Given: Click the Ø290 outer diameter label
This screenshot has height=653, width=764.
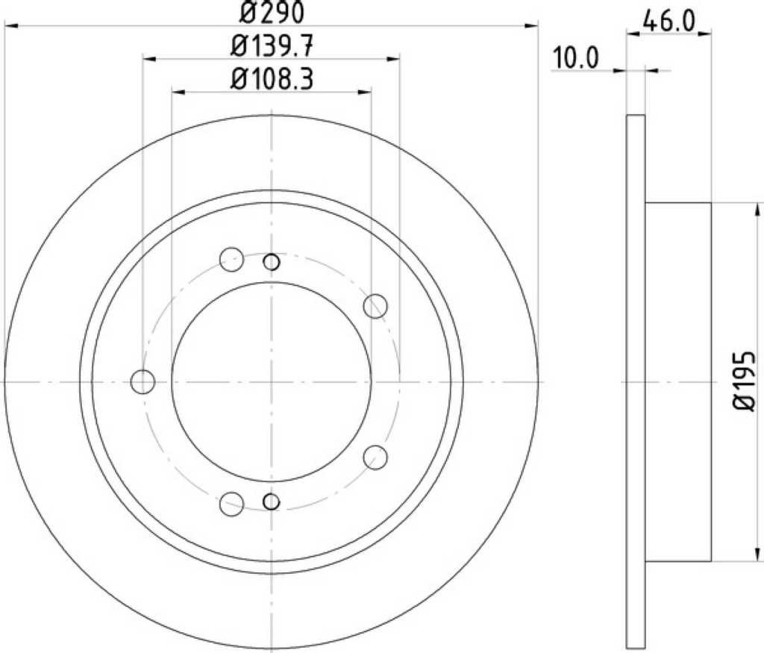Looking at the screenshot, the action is pos(272,12).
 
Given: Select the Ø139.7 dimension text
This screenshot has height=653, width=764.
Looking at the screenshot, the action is pos(272,47).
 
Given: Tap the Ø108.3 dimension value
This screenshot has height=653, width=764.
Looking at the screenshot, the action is pos(272,79).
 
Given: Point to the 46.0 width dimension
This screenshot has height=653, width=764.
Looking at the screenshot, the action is pos(668,21).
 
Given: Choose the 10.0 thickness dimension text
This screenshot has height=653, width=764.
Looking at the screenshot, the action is pos(575,58).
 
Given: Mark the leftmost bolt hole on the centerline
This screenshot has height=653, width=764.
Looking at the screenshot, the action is pos(143,381).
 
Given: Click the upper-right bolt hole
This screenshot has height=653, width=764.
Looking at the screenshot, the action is pos(375,307).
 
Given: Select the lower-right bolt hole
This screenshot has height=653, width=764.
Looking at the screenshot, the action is pos(375,457).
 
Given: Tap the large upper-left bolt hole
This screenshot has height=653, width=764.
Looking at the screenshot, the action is pos(231,259).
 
